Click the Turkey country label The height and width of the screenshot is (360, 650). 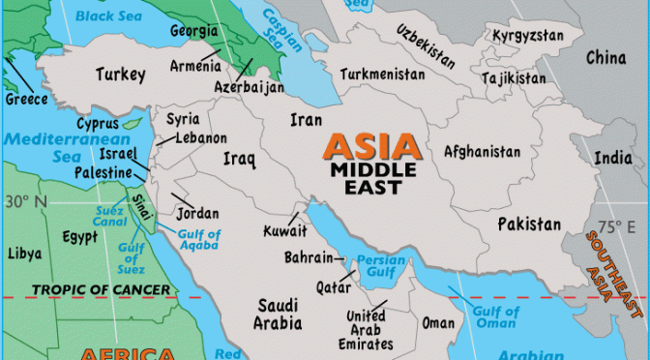point(121,74)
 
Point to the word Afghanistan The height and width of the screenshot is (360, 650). point(482,152)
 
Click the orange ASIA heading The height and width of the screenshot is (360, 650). point(372,148)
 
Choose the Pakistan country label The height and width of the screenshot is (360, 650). point(529,225)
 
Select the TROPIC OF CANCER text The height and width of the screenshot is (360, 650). point(101,289)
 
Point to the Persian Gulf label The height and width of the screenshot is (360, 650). point(380,266)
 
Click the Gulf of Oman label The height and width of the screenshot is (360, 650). point(495,317)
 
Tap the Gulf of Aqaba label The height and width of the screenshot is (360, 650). point(197,240)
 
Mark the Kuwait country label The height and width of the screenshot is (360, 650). point(285,231)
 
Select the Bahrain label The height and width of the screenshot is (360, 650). point(309,257)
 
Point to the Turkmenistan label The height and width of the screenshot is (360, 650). point(382,73)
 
